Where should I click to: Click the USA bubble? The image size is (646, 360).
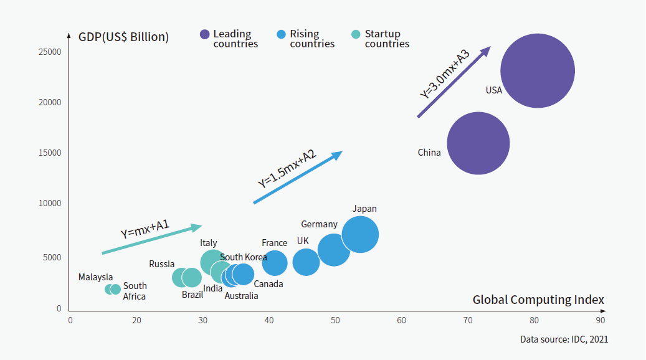point(537,70)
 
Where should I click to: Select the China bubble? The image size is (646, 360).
point(478,143)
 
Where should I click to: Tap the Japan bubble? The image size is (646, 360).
point(360,235)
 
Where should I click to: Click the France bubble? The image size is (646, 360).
point(275,263)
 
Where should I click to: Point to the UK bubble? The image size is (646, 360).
point(306,262)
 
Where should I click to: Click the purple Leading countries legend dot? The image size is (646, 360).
point(204,34)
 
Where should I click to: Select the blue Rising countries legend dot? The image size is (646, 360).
point(281,34)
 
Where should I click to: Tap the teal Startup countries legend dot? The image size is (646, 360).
point(356,34)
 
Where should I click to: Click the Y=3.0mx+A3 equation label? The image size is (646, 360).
point(444,75)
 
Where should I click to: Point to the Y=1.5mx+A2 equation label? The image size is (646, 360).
point(287,169)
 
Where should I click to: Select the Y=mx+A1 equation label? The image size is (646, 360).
point(145,229)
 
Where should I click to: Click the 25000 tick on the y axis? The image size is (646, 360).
point(50,52)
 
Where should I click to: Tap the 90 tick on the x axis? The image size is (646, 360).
point(599,321)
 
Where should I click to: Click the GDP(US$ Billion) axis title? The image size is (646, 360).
point(123,37)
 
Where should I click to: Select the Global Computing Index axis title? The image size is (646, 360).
point(538,300)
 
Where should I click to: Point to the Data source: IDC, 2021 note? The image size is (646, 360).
point(564,339)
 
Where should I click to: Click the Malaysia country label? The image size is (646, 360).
point(95,277)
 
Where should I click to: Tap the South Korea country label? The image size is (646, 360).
point(244,257)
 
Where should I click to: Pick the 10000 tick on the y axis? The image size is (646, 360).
point(50,203)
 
